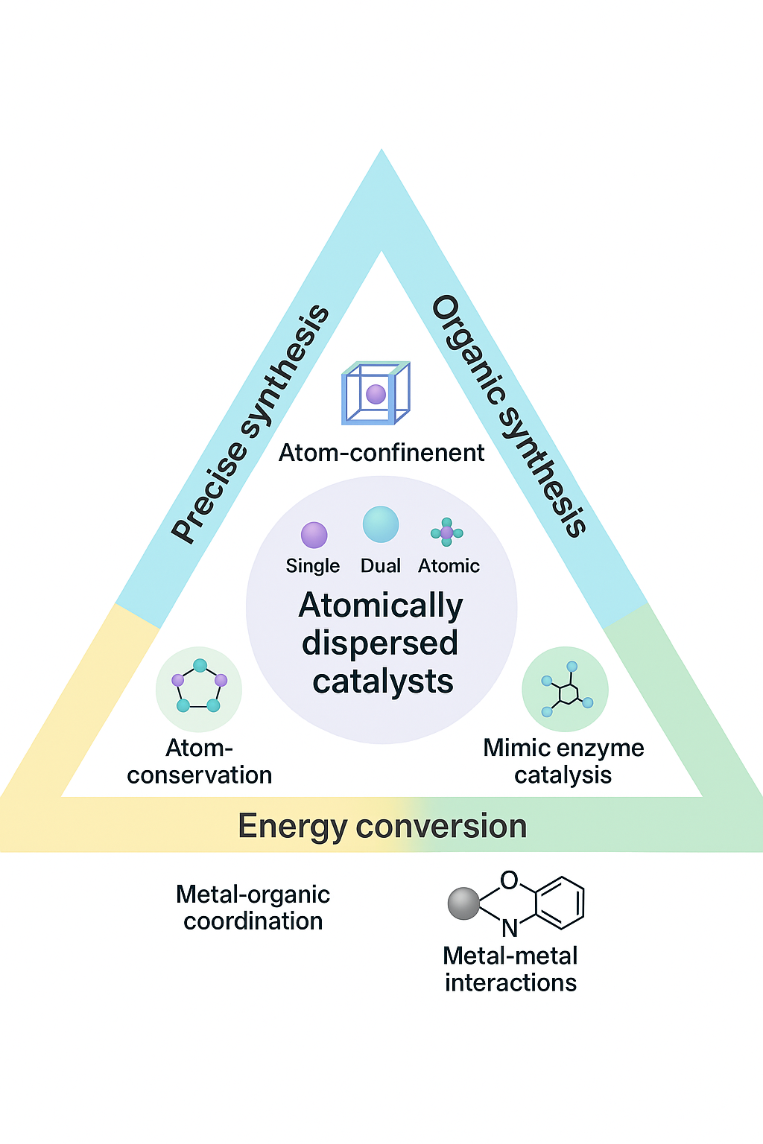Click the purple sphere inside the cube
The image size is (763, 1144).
pyautogui.click(x=376, y=394)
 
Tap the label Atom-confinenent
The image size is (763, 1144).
pyautogui.click(x=381, y=453)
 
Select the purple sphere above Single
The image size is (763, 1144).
pyautogui.click(x=314, y=535)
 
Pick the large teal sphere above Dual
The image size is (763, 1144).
pyautogui.click(x=381, y=524)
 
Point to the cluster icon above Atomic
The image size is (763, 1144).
pyautogui.click(x=447, y=533)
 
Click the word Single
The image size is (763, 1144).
pyautogui.click(x=313, y=566)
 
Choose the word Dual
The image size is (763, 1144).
pyautogui.click(x=381, y=566)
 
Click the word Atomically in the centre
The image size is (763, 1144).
pyautogui.click(x=381, y=606)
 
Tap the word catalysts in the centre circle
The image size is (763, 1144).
pyautogui.click(x=383, y=681)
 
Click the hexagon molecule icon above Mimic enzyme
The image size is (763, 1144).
pyautogui.click(x=566, y=690)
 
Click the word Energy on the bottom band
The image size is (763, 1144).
pyautogui.click(x=292, y=827)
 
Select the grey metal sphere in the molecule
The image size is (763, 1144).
pyautogui.click(x=463, y=903)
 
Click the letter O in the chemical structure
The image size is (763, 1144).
pyautogui.click(x=509, y=881)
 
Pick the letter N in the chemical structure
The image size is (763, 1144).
pyautogui.click(x=510, y=928)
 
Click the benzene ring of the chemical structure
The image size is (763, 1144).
pyautogui.click(x=560, y=903)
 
